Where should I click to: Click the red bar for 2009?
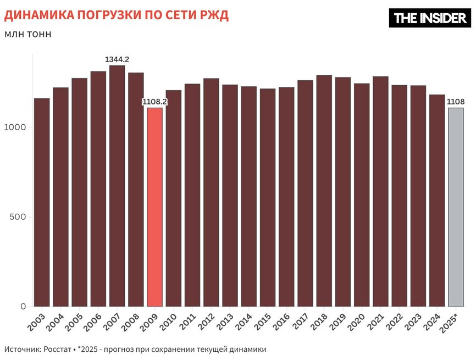(154, 207)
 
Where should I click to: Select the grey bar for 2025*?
(456, 207)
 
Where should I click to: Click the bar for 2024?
(437, 201)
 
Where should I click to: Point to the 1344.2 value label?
(117, 59)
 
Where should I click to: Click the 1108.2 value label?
(154, 102)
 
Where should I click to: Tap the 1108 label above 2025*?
(456, 102)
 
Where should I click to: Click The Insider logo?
(430, 18)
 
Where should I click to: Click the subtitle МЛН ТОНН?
(27, 34)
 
